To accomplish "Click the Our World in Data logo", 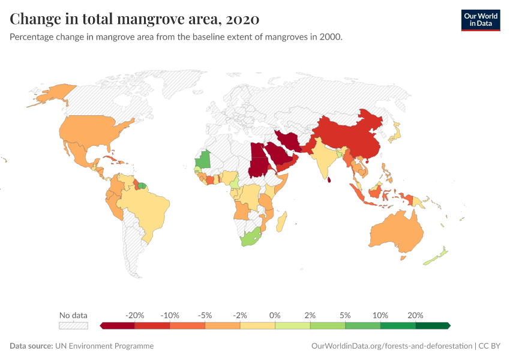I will (480, 20).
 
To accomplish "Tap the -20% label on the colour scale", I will (135, 315).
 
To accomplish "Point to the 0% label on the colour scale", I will (275, 315).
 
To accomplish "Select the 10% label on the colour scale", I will (380, 315).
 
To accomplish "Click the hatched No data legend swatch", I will (73, 326).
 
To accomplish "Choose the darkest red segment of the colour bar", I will (118, 326).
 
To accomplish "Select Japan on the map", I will (395, 133).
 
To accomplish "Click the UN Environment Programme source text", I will (104, 346).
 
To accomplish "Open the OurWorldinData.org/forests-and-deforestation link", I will (391, 346).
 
